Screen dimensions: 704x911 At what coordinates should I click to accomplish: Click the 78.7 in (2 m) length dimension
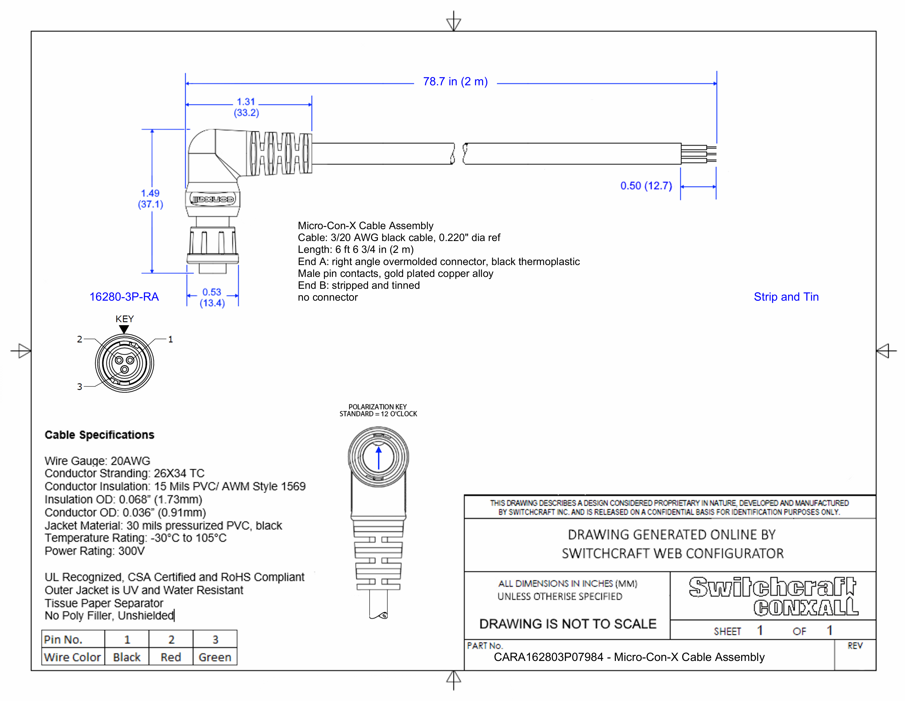click(455, 81)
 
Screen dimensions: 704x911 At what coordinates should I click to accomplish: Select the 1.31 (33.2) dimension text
click(246, 107)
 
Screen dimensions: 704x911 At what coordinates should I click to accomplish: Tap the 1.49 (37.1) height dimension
click(150, 199)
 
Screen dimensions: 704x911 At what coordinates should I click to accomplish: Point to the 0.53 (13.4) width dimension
click(212, 297)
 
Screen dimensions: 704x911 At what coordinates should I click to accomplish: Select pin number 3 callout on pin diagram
click(79, 387)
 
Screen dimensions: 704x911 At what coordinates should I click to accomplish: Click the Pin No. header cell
click(63, 639)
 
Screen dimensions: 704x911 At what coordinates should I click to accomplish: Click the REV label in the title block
click(855, 646)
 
